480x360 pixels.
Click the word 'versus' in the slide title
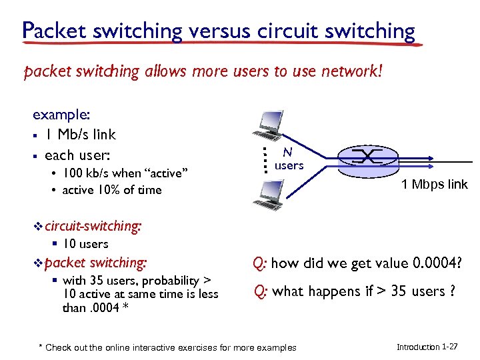click(x=215, y=31)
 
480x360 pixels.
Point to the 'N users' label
click(x=289, y=159)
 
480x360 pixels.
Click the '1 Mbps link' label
click(x=435, y=185)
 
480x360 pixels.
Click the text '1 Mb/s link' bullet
click(x=80, y=135)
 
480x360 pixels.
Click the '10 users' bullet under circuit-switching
click(x=85, y=244)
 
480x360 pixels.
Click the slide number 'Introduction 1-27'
click(x=427, y=347)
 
